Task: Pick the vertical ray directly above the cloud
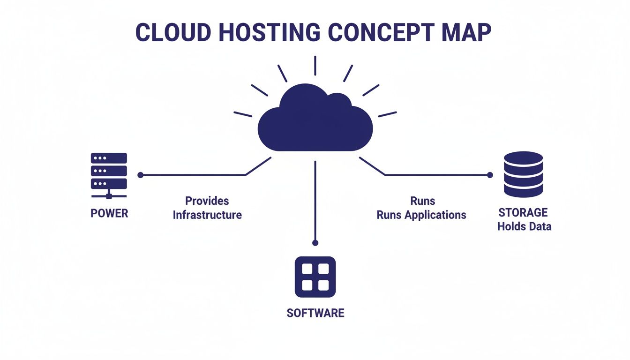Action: click(315, 65)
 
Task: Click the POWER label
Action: click(109, 214)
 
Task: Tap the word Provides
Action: click(207, 201)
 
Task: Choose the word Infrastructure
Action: click(207, 215)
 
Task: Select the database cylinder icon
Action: click(523, 174)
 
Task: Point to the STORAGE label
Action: click(523, 213)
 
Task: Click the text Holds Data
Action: click(525, 227)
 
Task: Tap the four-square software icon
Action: click(315, 277)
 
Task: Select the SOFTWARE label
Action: click(315, 313)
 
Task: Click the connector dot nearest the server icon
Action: click(140, 175)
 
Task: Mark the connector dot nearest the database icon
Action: click(490, 175)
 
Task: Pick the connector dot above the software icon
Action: click(315, 243)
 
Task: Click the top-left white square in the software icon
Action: click(307, 269)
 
